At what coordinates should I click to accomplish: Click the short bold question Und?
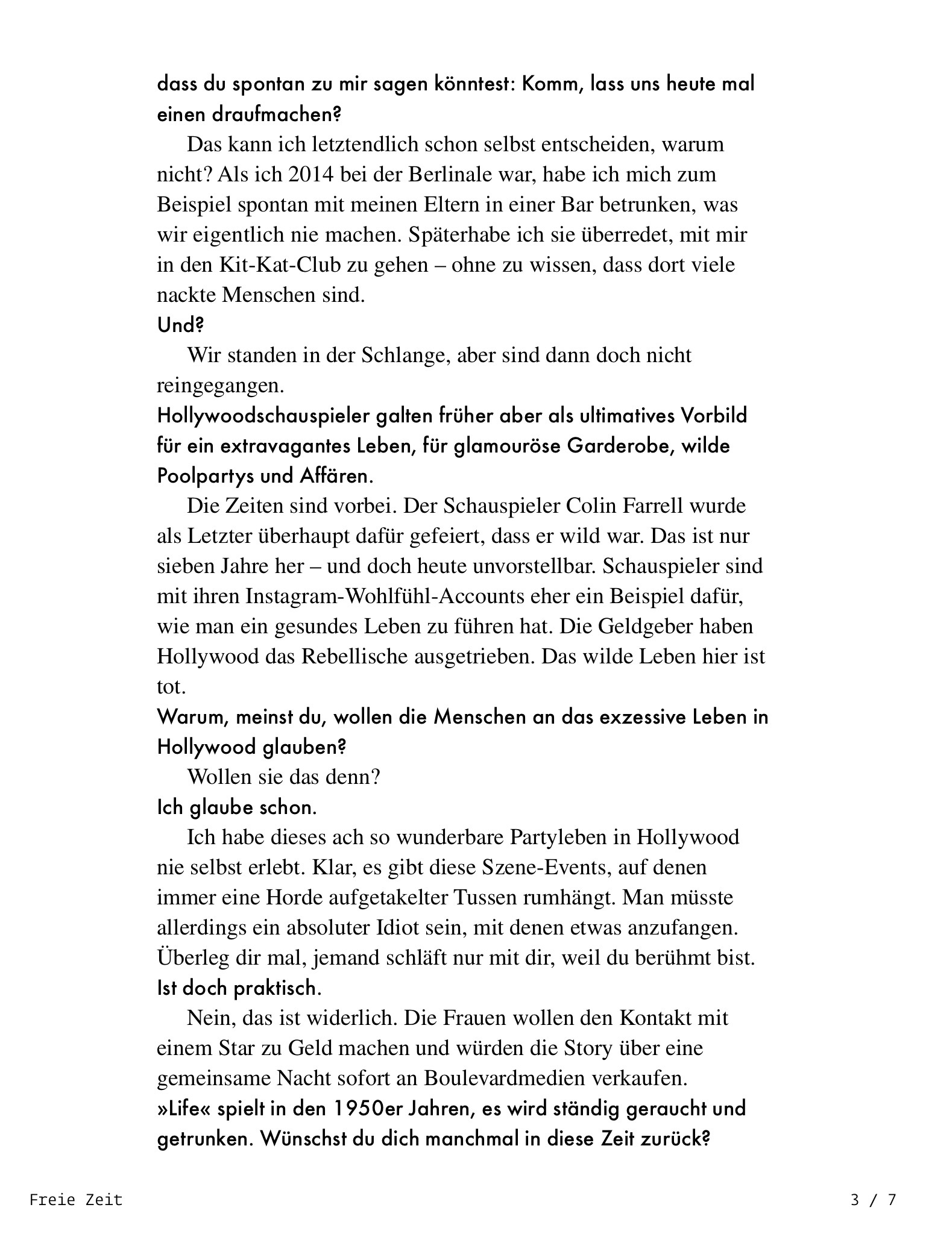pyautogui.click(x=180, y=325)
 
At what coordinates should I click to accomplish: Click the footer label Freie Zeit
pyautogui.click(x=76, y=1200)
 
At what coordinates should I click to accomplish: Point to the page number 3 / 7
pyautogui.click(x=873, y=1200)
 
